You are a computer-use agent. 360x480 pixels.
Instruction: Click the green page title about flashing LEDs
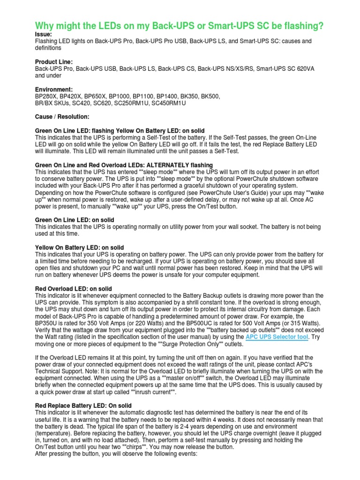click(180, 27)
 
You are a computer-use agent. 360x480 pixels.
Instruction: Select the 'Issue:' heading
click(44, 35)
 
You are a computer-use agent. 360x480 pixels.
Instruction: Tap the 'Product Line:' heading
click(54, 62)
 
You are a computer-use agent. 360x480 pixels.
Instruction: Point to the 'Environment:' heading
click(54, 89)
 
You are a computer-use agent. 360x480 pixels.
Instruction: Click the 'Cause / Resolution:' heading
click(62, 116)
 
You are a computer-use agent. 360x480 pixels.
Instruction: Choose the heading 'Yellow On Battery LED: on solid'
click(80, 247)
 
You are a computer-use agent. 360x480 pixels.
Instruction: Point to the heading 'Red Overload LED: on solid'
click(74, 288)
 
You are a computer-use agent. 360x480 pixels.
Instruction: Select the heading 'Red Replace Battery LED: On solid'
click(83, 405)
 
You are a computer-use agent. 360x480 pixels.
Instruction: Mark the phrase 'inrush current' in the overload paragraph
click(151, 392)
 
